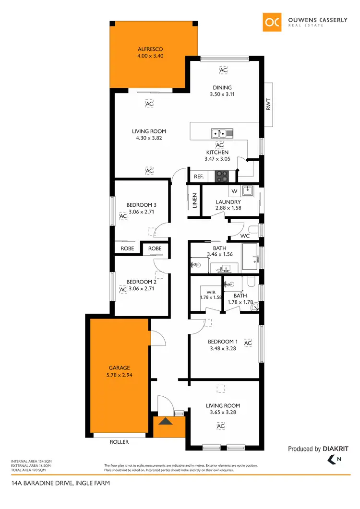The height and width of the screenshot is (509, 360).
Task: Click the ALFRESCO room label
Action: point(150,49)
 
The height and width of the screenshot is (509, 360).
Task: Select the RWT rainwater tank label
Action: point(268,104)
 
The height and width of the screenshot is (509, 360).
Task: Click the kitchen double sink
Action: point(222,133)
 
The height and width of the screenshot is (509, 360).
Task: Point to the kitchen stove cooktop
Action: point(221,176)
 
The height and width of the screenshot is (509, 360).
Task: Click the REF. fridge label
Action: point(199,177)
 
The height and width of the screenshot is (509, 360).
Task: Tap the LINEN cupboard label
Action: point(194,201)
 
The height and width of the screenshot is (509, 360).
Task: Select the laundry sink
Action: point(247,191)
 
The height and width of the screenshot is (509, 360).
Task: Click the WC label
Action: point(245,236)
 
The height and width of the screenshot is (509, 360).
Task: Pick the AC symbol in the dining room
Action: point(223,71)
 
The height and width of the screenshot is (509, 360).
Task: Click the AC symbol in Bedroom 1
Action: point(248,343)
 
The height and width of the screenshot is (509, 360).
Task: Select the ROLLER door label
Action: point(119,442)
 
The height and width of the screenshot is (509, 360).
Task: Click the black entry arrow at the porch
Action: point(165,422)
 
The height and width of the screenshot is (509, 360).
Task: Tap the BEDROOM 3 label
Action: point(142,205)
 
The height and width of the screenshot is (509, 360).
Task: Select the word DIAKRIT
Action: point(336,449)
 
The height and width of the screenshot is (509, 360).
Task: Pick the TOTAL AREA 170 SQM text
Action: point(28,470)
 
